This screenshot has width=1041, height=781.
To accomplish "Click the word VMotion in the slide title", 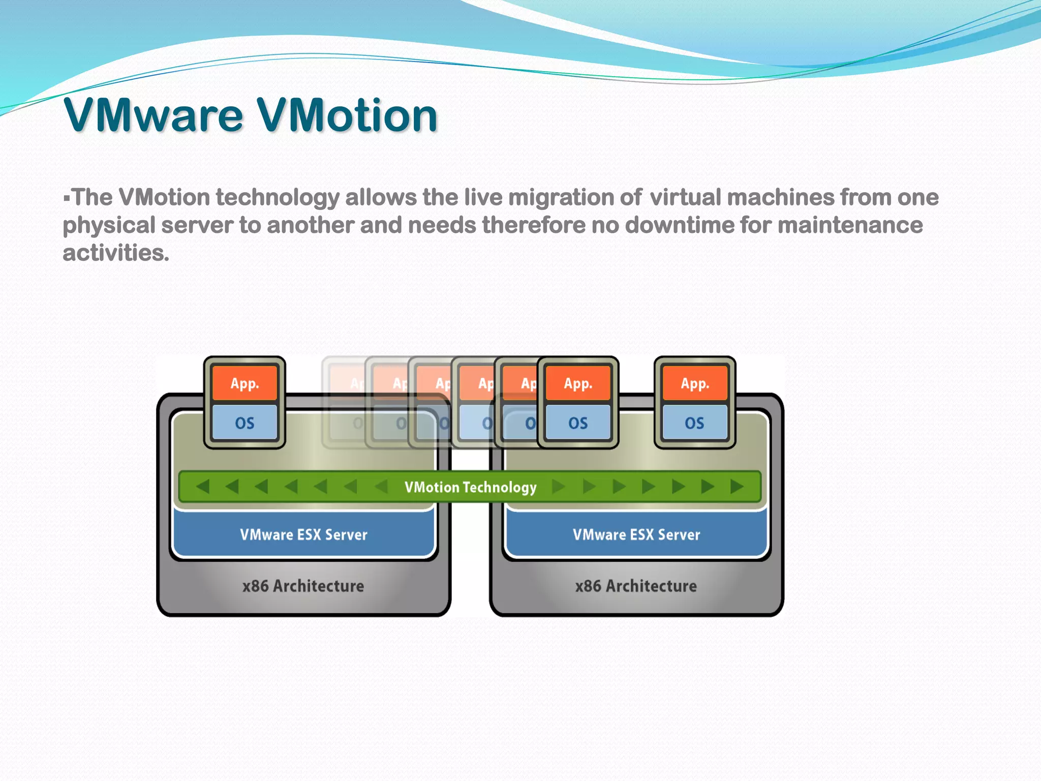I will click(x=347, y=115).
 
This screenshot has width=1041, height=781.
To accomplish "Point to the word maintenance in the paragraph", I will click(x=850, y=225).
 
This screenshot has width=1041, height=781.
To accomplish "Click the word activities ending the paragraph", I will click(x=115, y=253).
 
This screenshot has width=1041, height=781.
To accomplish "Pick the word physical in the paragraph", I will click(x=109, y=225).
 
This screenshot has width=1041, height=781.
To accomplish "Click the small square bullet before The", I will click(x=67, y=197).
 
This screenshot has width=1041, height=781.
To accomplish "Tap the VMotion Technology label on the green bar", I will click(x=470, y=487).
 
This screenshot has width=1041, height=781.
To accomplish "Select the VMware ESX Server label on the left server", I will click(x=303, y=535).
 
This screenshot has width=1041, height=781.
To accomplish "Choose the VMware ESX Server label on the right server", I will click(x=636, y=535).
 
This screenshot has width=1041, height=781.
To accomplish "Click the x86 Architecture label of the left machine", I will click(x=303, y=586).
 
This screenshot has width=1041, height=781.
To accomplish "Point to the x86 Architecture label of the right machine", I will click(x=636, y=586).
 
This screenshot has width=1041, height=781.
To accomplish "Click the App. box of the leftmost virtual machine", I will click(x=244, y=383).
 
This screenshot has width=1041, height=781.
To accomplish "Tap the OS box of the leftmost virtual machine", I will click(x=244, y=423).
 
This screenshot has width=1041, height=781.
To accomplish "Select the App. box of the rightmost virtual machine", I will click(x=695, y=383).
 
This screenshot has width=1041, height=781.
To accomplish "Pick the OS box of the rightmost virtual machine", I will click(x=695, y=423).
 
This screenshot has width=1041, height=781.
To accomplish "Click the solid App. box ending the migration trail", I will click(x=578, y=383).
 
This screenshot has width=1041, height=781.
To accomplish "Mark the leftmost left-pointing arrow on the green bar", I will click(x=203, y=487).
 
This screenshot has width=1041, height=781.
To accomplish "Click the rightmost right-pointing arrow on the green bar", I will click(x=737, y=487).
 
